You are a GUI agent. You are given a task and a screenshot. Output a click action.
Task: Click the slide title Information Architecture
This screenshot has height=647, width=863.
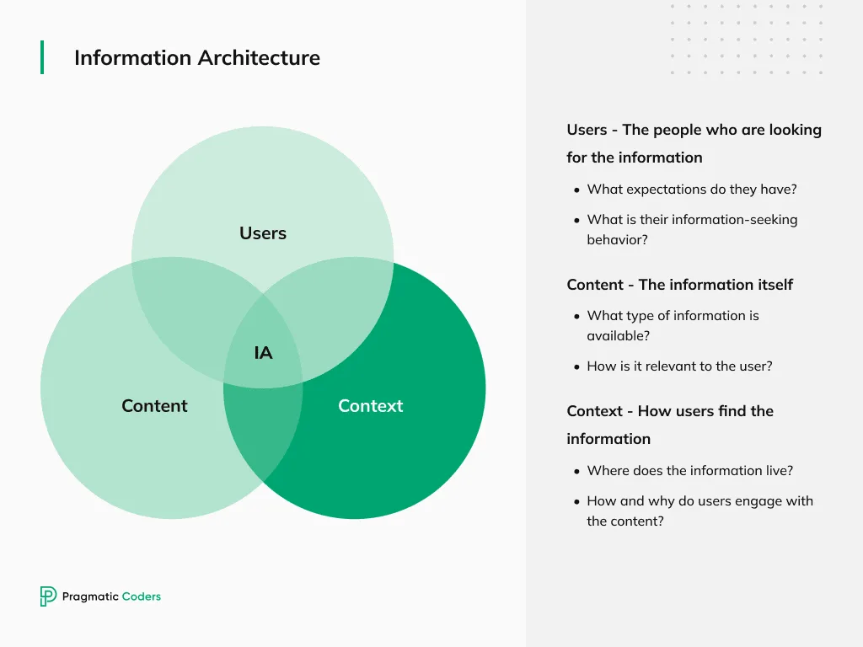196,58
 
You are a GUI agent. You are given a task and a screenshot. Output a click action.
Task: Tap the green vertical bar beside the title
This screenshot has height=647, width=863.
42,57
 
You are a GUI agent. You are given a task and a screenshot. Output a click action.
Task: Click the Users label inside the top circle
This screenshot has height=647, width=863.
263,233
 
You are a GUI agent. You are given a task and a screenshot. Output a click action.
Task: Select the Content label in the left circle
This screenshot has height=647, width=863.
154,406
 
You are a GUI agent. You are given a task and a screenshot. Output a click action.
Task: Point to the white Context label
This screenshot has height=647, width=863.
370,406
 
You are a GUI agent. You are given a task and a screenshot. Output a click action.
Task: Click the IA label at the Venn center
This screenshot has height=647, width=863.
263,353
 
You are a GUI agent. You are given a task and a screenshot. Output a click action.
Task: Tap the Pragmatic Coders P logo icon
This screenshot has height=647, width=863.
48,596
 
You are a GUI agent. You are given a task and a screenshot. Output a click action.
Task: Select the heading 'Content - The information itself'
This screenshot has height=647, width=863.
679,285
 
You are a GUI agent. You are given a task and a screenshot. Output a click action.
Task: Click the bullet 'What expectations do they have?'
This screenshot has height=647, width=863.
691,190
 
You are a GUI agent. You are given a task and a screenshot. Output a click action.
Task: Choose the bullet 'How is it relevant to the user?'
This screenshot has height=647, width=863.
679,366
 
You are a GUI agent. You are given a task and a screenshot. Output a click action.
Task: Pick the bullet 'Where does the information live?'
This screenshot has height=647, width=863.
689,471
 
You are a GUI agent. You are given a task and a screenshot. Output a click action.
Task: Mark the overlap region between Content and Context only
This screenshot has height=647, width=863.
263,430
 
